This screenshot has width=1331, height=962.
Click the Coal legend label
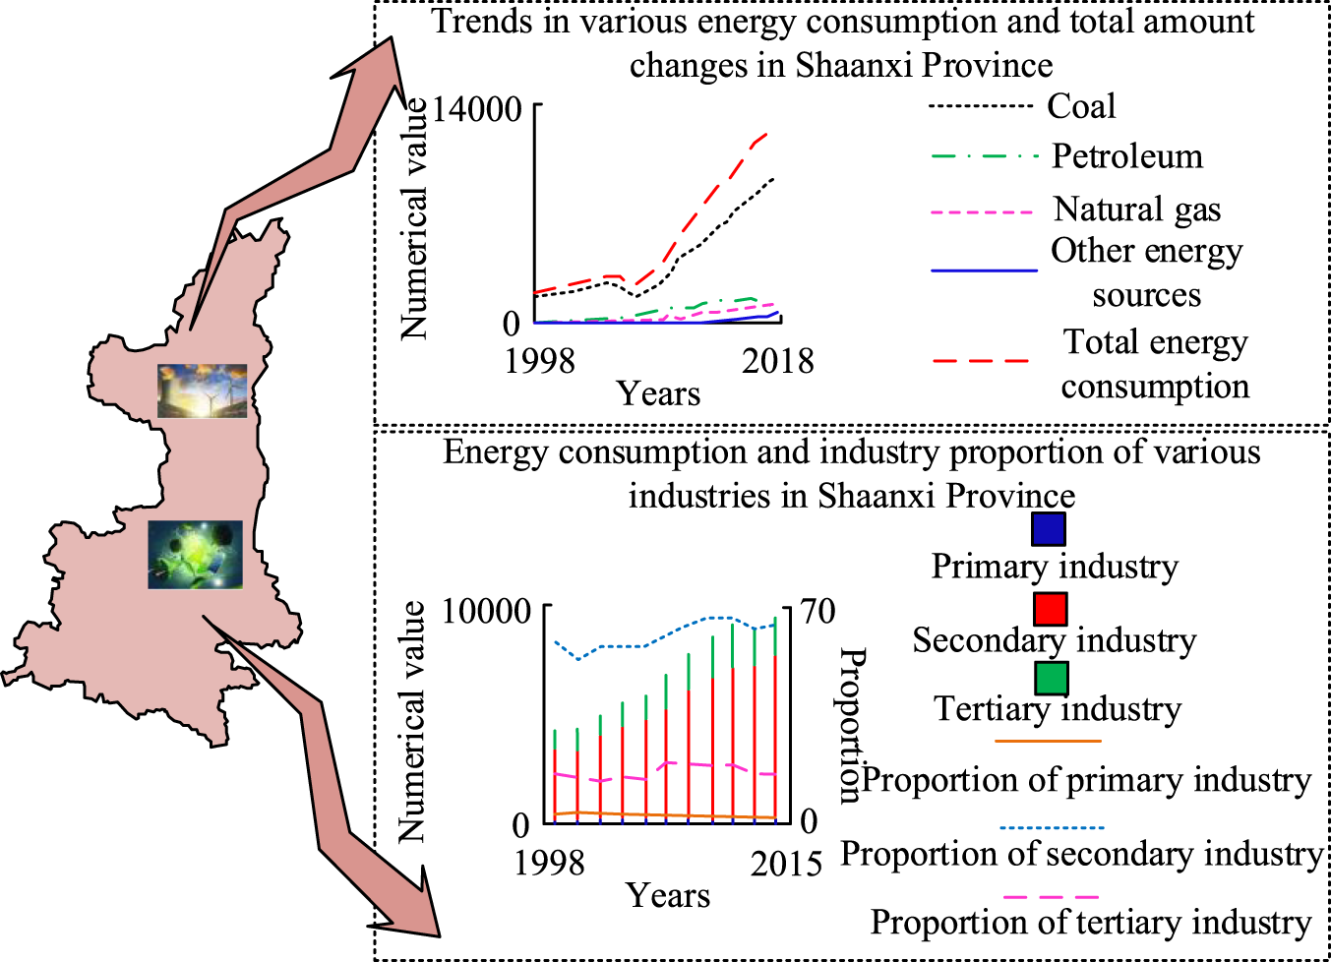(1080, 106)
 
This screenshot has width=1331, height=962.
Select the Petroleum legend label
(1126, 156)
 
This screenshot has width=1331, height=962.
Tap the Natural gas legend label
(1136, 210)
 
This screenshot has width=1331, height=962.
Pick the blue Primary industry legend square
(1049, 529)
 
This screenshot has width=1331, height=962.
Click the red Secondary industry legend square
(1050, 608)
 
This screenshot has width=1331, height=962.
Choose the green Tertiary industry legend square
(1051, 678)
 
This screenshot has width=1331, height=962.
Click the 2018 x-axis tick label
(777, 361)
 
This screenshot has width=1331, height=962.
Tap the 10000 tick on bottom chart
(486, 611)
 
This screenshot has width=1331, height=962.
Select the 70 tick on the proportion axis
(817, 611)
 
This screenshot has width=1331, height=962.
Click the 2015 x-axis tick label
(785, 864)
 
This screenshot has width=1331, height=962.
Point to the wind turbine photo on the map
(202, 391)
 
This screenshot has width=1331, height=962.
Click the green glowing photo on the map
(195, 555)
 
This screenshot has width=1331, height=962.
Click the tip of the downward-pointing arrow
(438, 934)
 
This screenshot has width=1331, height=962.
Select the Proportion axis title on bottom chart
(850, 725)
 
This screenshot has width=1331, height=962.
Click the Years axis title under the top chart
(658, 393)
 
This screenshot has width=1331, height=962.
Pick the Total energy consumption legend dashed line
(982, 361)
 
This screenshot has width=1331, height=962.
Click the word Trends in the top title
(483, 22)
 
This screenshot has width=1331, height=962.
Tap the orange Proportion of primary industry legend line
(1048, 741)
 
